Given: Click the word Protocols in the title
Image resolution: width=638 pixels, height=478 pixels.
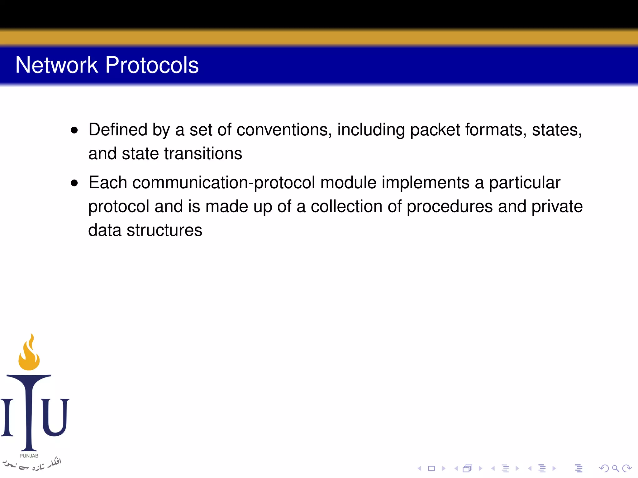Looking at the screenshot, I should (152, 65).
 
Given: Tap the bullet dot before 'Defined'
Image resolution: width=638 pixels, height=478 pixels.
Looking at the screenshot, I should (74, 130).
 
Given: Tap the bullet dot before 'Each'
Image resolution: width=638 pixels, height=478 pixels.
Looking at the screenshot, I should (74, 183).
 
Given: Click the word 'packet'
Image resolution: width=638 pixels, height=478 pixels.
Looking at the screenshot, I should (435, 130).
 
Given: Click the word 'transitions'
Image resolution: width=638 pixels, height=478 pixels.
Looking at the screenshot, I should (203, 154).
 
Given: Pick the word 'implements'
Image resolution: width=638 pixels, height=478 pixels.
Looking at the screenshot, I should (425, 183).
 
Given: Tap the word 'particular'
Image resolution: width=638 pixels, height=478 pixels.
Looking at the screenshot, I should (525, 183).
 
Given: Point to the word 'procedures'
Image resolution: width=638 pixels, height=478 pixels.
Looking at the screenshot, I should (450, 207).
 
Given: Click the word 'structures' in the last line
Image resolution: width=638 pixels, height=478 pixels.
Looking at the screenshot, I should (164, 231).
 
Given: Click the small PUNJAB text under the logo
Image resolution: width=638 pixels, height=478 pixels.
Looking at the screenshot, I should (29, 456).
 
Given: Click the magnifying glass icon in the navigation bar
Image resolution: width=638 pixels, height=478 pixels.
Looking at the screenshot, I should (615, 468).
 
